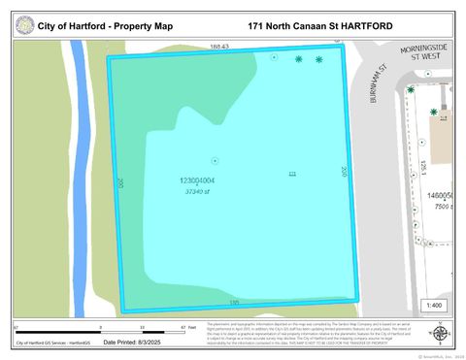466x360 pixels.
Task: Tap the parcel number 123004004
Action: click(197, 180)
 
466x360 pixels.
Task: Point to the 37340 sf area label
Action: click(198, 191)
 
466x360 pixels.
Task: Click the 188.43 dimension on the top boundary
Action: click(218, 46)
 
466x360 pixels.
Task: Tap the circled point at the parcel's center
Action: click(215, 160)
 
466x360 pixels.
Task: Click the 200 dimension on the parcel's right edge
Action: click(345, 170)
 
